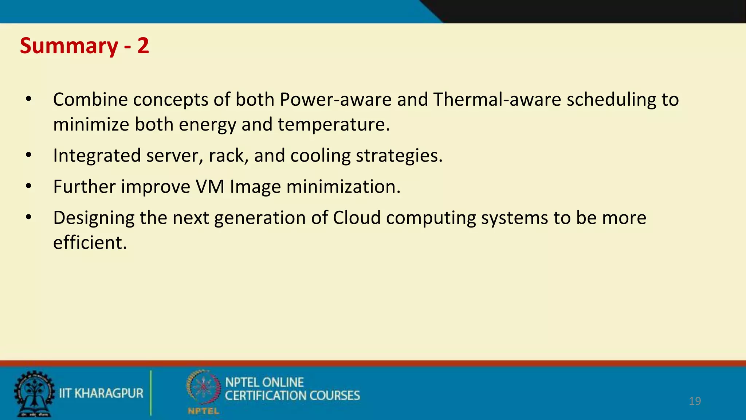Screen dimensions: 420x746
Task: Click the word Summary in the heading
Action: click(69, 46)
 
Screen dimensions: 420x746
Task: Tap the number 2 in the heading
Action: click(143, 46)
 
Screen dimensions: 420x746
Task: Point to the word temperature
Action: click(333, 125)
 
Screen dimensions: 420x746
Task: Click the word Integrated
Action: click(97, 156)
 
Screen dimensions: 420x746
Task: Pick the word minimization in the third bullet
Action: click(343, 187)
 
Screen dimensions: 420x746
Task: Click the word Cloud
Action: click(357, 218)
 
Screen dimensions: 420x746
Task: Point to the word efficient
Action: click(90, 242)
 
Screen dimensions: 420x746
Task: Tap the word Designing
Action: click(94, 218)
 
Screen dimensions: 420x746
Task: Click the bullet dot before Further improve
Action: click(29, 186)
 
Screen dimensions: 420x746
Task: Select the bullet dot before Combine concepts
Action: click(29, 99)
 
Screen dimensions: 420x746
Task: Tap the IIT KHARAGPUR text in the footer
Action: click(101, 393)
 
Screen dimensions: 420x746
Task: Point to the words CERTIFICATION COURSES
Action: click(292, 396)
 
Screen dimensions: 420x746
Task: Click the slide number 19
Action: click(695, 401)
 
